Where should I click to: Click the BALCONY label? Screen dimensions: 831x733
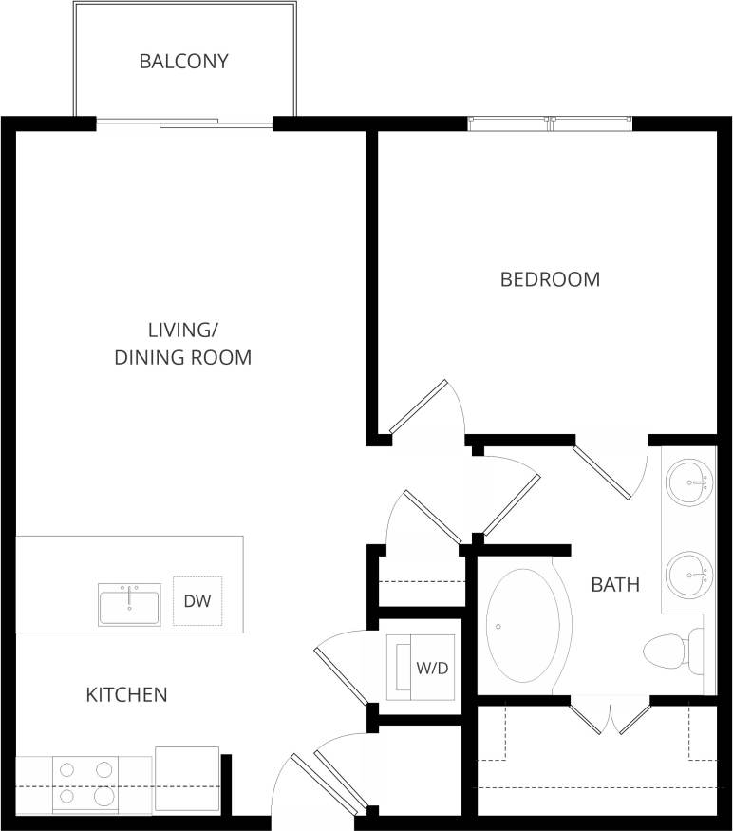184,62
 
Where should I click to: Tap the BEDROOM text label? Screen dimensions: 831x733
550,279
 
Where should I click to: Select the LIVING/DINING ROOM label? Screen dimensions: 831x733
183,344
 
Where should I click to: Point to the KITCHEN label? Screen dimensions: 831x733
126,695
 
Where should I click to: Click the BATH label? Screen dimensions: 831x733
615,584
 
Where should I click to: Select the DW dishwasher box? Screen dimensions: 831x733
197,601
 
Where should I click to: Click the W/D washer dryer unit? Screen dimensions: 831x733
418,668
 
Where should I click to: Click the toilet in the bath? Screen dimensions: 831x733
672,651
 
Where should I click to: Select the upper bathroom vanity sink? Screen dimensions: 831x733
687,482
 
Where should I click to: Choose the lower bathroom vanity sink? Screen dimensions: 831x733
687,574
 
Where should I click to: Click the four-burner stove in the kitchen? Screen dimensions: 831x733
85,784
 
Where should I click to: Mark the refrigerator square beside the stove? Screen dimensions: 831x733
186,779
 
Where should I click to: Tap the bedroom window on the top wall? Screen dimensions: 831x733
551,123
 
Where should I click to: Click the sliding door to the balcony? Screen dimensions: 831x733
184,123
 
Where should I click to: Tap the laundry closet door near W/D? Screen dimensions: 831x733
341,670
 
